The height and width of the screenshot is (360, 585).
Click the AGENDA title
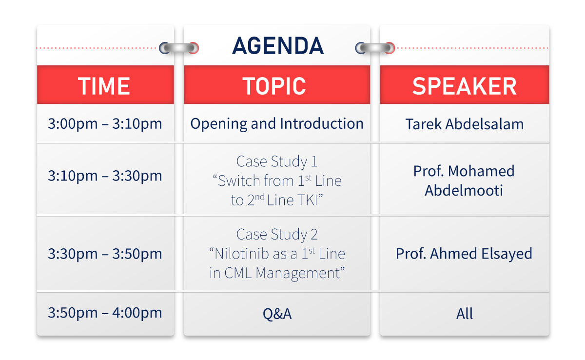click(x=277, y=46)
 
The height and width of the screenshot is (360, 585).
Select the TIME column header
click(x=104, y=86)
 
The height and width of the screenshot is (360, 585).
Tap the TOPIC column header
click(x=274, y=86)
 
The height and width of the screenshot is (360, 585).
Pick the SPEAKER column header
click(x=464, y=86)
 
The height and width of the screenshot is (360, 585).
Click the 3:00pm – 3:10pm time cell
click(x=105, y=123)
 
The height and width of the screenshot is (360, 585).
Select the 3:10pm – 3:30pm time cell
click(x=105, y=176)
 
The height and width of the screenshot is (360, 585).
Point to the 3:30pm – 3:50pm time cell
click(x=105, y=254)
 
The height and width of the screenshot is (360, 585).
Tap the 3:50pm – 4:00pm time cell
click(x=105, y=313)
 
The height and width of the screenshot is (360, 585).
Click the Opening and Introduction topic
click(x=277, y=124)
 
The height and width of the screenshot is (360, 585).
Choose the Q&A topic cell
click(x=277, y=314)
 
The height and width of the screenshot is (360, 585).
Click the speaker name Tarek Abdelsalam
click(x=464, y=124)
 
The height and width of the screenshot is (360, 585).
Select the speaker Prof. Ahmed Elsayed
click(x=464, y=254)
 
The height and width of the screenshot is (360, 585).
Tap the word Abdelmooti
click(x=464, y=190)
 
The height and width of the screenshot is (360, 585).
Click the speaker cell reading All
click(x=464, y=314)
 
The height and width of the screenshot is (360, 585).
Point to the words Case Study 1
click(x=277, y=162)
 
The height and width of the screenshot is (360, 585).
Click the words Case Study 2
click(x=277, y=235)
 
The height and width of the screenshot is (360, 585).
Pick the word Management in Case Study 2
click(x=298, y=274)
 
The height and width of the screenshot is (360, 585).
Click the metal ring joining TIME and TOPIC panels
click(x=179, y=48)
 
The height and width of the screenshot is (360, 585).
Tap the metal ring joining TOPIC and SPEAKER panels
click(x=375, y=48)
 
